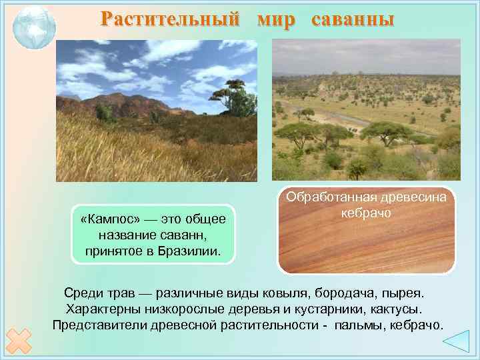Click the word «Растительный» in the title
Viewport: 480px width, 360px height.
pyautogui.click(x=169, y=19)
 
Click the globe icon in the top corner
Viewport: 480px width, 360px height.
pyautogui.click(x=34, y=27)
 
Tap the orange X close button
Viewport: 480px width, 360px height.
pyautogui.click(x=20, y=341)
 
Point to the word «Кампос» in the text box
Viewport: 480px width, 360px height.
pyautogui.click(x=108, y=219)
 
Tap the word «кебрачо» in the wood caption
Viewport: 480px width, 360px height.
pyautogui.click(x=365, y=213)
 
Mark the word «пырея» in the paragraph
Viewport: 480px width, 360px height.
pyautogui.click(x=404, y=293)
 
